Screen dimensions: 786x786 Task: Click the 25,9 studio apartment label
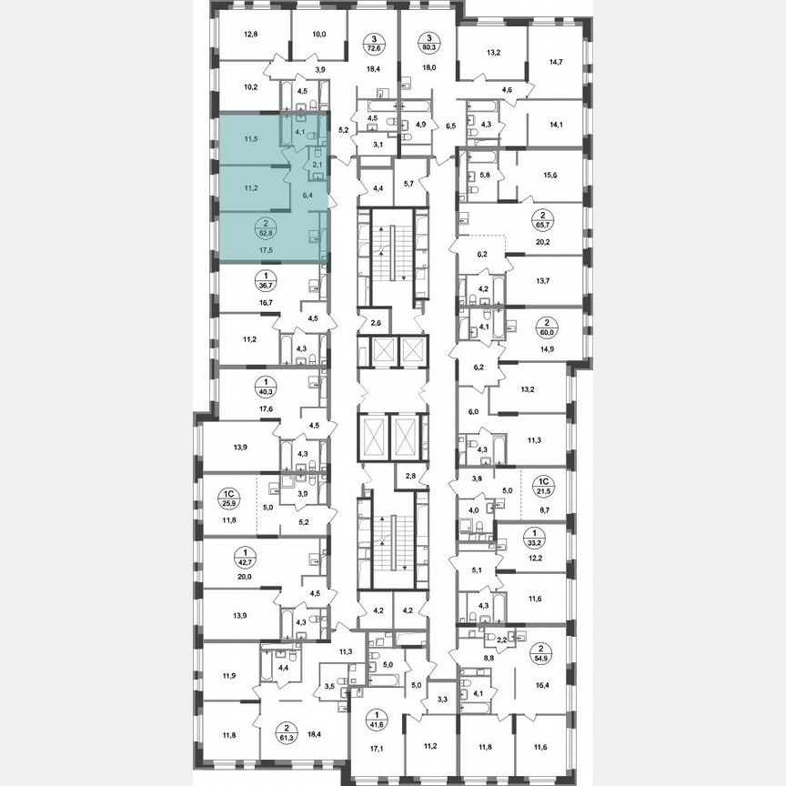point(228,499)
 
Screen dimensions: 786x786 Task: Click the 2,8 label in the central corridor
point(410,476)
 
